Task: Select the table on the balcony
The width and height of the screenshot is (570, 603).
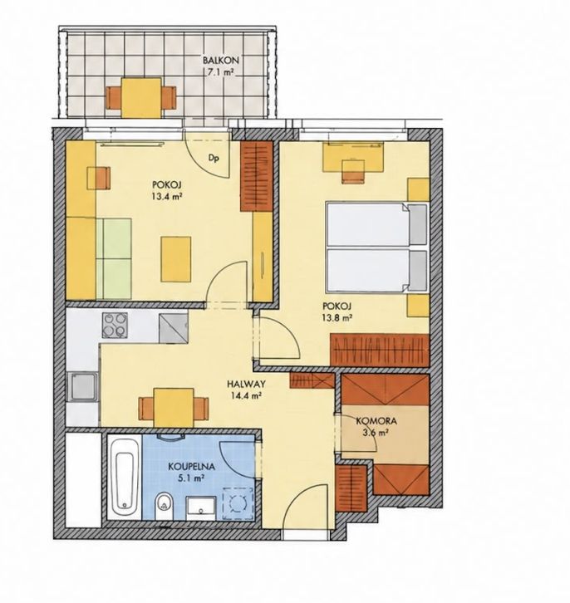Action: [x=141, y=98]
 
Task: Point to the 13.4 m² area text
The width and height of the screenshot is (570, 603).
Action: [x=166, y=197]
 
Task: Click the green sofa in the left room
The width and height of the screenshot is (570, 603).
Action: [x=114, y=259]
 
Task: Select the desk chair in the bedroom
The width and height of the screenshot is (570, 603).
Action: [x=353, y=170]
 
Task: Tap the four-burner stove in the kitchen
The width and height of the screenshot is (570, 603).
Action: [x=115, y=325]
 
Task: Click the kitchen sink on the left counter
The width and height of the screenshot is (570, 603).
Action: [x=81, y=387]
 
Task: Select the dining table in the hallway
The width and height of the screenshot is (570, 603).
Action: [x=174, y=408]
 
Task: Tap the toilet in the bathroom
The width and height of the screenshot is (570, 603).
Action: [x=164, y=505]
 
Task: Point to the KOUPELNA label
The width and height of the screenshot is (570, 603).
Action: [x=191, y=467]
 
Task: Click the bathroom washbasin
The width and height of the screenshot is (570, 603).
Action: [x=201, y=507]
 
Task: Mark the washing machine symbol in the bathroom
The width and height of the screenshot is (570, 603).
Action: [x=238, y=503]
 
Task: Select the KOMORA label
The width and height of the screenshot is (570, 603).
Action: [x=376, y=421]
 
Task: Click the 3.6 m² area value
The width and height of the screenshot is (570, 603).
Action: [x=375, y=431]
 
